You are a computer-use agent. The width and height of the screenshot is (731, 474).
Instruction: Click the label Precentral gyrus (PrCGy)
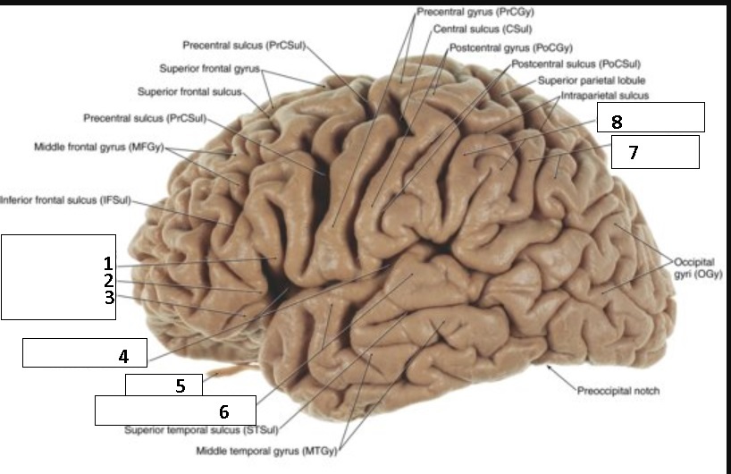pyautogui.click(x=469, y=13)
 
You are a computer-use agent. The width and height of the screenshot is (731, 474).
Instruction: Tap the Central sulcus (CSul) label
pyautogui.click(x=470, y=30)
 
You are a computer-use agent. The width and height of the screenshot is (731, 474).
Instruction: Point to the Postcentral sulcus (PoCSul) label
pyautogui.click(x=577, y=64)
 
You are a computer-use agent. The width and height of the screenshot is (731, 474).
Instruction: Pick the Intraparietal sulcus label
pyautogui.click(x=605, y=95)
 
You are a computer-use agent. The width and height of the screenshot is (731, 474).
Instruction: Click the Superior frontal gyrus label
pyautogui.click(x=209, y=68)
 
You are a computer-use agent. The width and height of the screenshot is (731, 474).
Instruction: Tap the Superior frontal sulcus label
pyautogui.click(x=189, y=91)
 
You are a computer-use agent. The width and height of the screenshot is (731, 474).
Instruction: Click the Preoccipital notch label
pyautogui.click(x=618, y=391)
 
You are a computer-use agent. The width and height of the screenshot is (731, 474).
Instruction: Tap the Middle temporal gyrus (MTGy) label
pyautogui.click(x=266, y=450)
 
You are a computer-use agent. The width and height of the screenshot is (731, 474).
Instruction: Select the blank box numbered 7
pyautogui.click(x=654, y=152)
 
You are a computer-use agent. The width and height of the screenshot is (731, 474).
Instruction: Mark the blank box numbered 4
pyautogui.click(x=85, y=353)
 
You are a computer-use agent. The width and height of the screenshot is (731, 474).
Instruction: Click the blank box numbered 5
pyautogui.click(x=164, y=385)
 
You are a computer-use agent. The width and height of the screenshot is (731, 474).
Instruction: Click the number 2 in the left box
pyautogui.click(x=107, y=281)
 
